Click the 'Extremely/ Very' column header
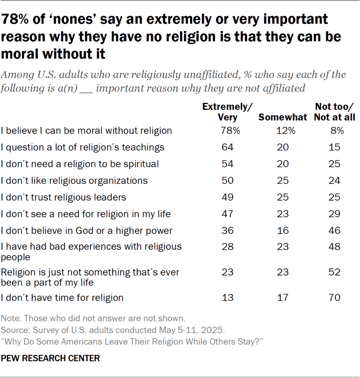pyautogui.click(x=228, y=112)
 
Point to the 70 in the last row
pyautogui.click(x=335, y=297)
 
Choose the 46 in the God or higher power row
pyautogui.click(x=335, y=231)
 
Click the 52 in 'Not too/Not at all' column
pyautogui.click(x=335, y=272)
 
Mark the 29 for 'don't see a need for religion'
pyautogui.click(x=335, y=214)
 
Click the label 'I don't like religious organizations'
pyautogui.click(x=74, y=181)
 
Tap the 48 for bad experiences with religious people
pyautogui.click(x=335, y=247)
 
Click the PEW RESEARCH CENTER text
pyautogui.click(x=51, y=358)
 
